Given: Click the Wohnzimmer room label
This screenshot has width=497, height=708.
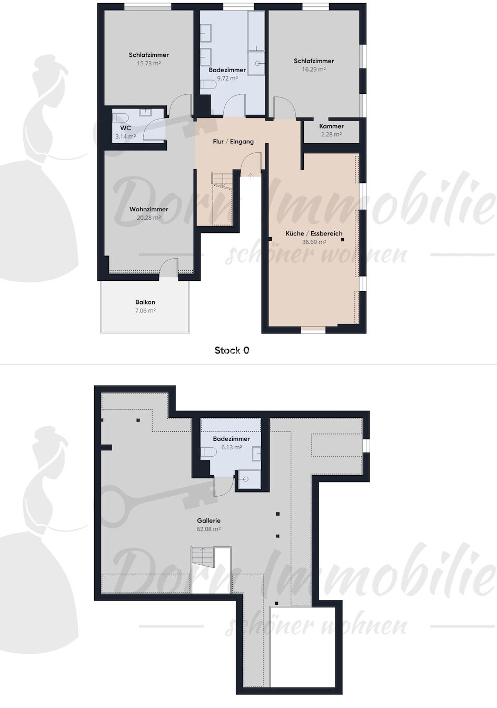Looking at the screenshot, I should (149, 209).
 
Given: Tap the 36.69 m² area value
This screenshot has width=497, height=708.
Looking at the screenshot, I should (314, 242).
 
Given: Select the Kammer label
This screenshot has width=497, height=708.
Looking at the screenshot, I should (331, 126).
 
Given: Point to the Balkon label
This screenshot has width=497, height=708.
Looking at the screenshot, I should (145, 302).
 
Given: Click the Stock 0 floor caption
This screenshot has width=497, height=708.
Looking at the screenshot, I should (232, 350).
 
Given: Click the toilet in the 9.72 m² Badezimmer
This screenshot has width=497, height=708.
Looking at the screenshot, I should (209, 84).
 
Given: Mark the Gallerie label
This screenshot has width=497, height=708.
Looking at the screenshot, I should (210, 520).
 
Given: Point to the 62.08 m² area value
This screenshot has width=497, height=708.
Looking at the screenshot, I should (210, 529).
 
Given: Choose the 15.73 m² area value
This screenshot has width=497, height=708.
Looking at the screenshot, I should (149, 63).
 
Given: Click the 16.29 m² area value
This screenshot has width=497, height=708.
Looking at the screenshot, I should (314, 69).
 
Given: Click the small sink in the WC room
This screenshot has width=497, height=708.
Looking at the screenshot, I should (145, 112).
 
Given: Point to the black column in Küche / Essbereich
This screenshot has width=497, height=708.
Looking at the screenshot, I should (343, 240).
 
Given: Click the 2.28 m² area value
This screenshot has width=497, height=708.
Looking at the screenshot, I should (331, 134).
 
